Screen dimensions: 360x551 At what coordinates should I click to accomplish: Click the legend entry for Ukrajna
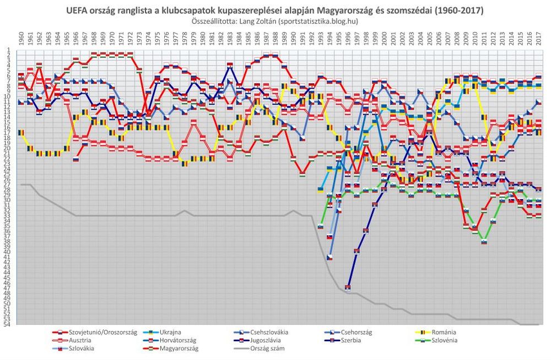point(176,332)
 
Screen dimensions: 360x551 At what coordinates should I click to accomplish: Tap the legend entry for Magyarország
point(179,348)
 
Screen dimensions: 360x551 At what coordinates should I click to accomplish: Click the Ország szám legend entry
point(268,348)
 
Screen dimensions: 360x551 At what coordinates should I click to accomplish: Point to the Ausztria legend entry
point(81,340)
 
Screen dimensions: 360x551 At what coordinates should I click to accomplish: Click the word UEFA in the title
point(77,10)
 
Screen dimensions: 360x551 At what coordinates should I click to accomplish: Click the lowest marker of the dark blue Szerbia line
point(348,287)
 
